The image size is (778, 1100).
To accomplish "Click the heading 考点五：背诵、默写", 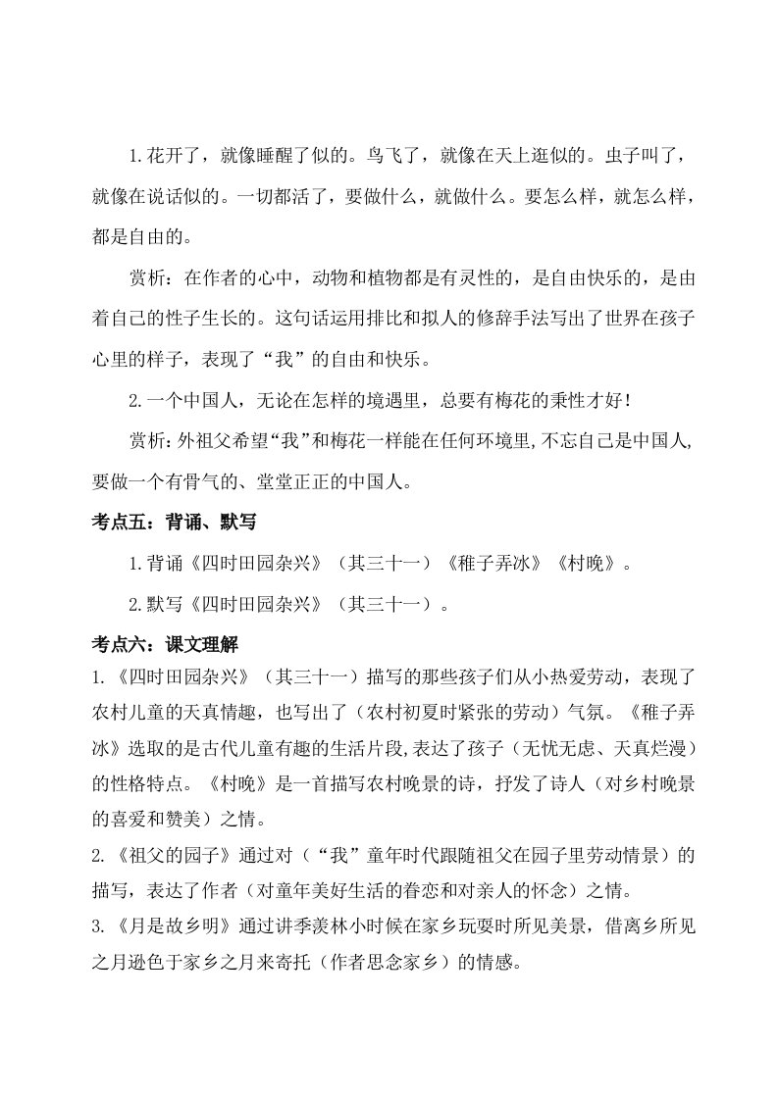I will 172,523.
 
